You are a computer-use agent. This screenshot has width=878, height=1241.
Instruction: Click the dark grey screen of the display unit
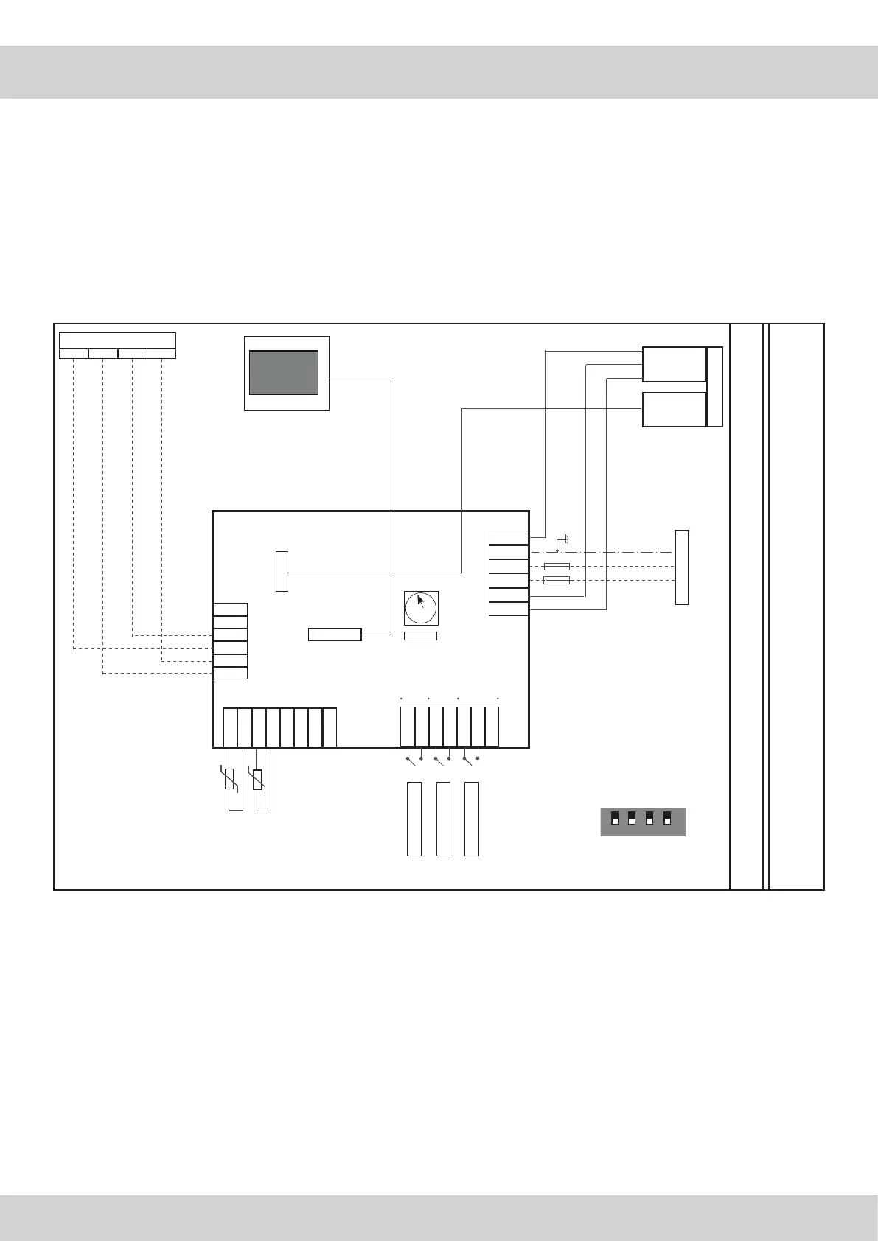point(284,372)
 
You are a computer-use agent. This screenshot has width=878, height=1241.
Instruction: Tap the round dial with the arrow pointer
point(420,607)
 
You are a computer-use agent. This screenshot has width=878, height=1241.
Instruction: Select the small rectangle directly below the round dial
point(420,636)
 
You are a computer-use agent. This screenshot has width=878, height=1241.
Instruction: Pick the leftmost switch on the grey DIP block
point(615,819)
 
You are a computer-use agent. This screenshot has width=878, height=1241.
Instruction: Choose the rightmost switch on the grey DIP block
point(667,819)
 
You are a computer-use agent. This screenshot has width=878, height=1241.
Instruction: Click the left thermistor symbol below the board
point(229,780)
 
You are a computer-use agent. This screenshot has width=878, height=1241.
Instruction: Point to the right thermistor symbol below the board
point(257,780)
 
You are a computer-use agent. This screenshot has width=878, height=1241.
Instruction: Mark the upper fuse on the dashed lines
point(556,567)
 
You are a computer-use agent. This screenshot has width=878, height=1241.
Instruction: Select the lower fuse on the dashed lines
point(556,581)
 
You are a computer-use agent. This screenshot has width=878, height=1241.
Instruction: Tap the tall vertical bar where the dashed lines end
point(682,567)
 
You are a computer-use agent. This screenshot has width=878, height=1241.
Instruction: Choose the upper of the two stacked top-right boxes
point(674,364)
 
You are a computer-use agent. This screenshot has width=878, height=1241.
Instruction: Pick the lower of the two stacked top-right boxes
point(674,410)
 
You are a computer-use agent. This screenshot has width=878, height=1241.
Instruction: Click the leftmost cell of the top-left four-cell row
point(74,354)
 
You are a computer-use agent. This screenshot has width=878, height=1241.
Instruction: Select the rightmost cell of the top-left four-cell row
point(161,354)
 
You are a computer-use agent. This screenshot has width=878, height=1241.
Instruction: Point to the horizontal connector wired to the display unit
point(335,635)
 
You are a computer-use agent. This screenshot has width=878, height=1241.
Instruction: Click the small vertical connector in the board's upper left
point(282,570)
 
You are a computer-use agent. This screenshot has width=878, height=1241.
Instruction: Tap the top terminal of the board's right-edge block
point(509,538)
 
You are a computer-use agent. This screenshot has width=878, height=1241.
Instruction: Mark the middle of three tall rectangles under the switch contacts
point(443,819)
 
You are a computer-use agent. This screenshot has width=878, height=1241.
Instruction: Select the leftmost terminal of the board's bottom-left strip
point(230,727)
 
